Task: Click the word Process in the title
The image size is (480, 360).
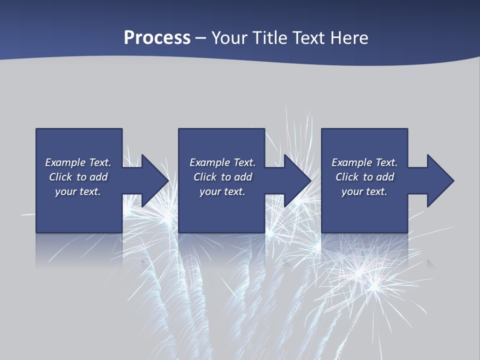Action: tap(157, 38)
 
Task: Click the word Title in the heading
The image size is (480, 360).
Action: tap(272, 38)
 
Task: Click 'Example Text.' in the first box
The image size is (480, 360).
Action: tap(78, 162)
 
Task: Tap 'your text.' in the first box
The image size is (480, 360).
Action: tap(78, 191)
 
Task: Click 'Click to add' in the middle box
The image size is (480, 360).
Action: tap(222, 177)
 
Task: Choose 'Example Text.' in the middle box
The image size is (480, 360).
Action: tap(222, 162)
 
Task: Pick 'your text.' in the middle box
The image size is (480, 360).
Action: tap(222, 191)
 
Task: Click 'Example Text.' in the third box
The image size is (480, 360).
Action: tap(364, 162)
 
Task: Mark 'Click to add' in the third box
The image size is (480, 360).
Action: tap(364, 177)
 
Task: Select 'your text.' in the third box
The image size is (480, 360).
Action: tap(364, 191)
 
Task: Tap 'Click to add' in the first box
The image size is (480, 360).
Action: tap(78, 177)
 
